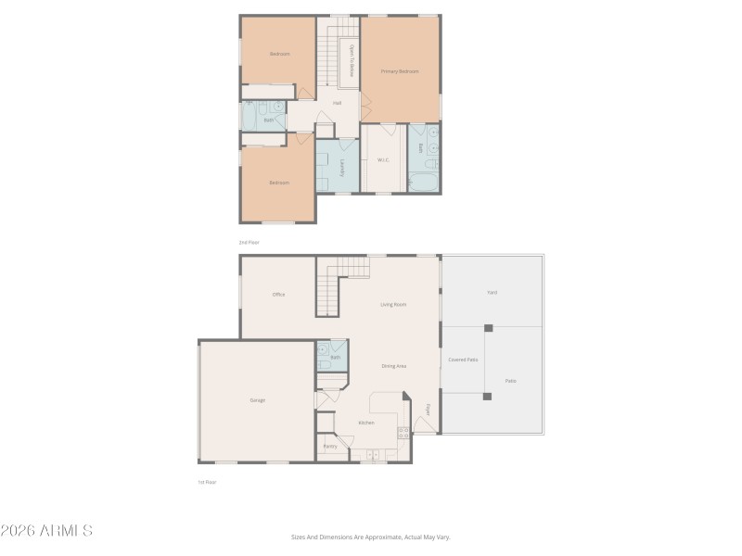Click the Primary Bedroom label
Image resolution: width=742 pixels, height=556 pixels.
399,71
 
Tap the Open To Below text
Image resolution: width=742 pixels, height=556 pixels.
352,62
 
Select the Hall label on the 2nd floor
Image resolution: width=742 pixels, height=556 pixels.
337,103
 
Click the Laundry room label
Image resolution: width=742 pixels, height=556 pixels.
342,167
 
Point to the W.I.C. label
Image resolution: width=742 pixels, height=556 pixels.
383,160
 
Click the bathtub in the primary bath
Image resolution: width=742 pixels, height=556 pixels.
425,182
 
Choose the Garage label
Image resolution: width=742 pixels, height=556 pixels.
257,399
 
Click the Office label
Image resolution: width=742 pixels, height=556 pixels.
278,295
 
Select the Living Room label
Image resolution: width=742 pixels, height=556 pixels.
393,304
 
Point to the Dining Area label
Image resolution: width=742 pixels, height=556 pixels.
393,366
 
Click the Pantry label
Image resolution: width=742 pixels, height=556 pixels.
330,447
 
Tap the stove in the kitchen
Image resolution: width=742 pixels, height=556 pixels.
403,433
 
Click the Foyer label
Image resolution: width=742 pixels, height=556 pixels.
428,409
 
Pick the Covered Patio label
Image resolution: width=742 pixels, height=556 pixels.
463,360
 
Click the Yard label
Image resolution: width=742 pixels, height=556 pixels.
493,293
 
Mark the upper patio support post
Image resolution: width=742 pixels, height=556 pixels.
488,327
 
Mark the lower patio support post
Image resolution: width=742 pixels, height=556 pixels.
487,396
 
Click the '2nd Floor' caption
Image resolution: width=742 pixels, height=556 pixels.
249,242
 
